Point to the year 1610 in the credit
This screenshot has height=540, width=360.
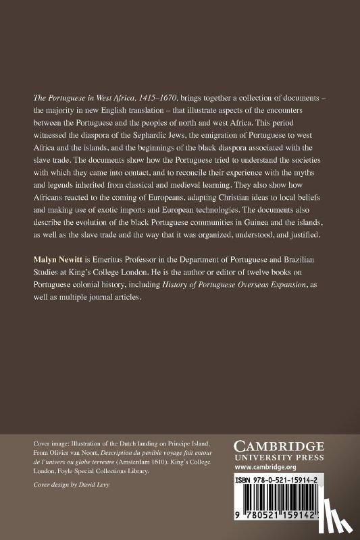pyautogui.click(x=165, y=462)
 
